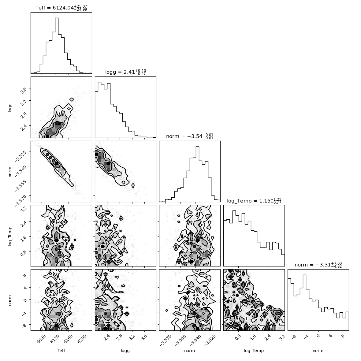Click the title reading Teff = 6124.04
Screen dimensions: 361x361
pos(61,8)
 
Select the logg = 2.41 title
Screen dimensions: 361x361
pos(125,72)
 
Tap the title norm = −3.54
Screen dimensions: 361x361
pos(190,136)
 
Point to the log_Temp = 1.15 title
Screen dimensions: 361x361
pos(254,201)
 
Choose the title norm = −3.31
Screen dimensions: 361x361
pos(318,265)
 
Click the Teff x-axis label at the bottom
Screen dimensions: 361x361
pos(61,350)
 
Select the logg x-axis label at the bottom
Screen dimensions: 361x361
pos(125,351)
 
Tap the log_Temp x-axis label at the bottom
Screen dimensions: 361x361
pos(254,351)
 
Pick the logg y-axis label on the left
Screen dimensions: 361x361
pos(10,107)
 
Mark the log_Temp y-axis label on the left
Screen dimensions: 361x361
pos(10,236)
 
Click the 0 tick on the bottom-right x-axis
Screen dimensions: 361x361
pos(318,336)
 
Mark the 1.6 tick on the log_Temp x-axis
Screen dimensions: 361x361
pos(252,337)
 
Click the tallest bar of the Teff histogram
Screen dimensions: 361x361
pos(57,46)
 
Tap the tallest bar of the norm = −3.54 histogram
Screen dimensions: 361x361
pos(197,174)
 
